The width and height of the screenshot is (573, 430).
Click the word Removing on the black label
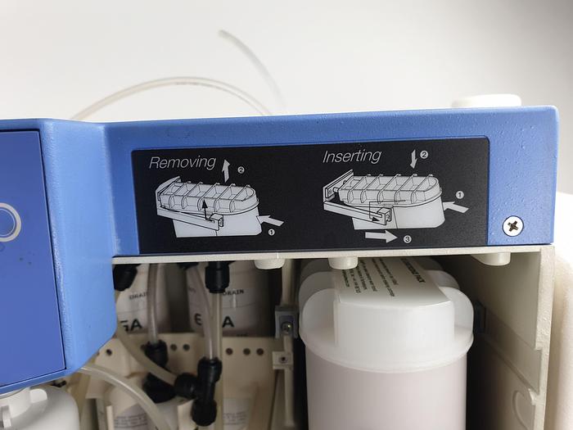click(x=182, y=162)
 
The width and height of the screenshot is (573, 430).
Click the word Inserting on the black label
click(x=351, y=156)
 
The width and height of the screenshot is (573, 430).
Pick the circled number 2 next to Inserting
click(x=423, y=154)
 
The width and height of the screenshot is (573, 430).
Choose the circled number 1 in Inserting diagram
click(x=458, y=195)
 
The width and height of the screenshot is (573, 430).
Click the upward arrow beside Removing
click(x=227, y=170)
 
